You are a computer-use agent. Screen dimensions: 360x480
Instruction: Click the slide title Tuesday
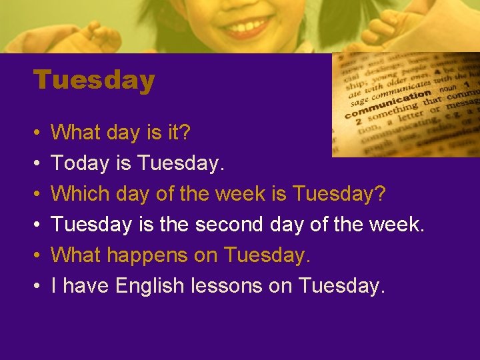click(94, 81)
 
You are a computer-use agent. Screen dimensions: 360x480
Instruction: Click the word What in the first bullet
click(73, 133)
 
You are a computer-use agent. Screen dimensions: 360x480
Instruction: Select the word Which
click(80, 194)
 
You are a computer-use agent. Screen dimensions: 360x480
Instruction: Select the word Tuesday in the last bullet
click(342, 286)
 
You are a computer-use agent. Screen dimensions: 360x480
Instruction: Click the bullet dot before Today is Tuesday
click(38, 164)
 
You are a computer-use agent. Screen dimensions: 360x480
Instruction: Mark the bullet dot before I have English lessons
click(38, 287)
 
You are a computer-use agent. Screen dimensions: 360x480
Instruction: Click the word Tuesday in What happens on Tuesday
click(267, 255)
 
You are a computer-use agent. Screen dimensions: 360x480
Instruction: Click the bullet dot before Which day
click(38, 195)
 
